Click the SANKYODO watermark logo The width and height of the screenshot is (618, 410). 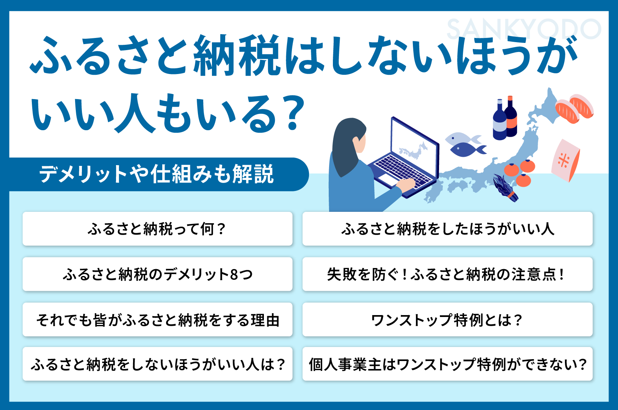[524, 29]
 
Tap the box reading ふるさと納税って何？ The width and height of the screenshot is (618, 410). [157, 229]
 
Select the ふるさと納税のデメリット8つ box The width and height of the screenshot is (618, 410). [157, 274]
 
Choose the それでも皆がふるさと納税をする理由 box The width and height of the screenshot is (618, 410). [157, 320]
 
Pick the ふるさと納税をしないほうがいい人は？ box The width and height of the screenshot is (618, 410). [157, 364]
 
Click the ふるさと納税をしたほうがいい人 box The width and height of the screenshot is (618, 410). [447, 229]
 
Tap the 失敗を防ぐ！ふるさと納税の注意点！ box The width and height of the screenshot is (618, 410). [447, 274]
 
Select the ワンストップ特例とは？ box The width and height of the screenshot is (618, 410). [447, 320]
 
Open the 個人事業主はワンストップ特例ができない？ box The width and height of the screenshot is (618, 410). [447, 364]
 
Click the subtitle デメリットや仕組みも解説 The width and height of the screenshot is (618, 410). [156, 174]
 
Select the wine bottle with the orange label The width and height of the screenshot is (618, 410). [511, 118]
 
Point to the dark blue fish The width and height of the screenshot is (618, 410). [466, 149]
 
